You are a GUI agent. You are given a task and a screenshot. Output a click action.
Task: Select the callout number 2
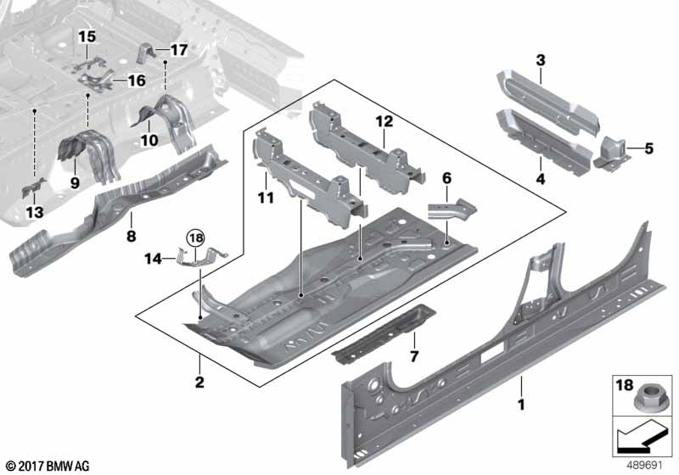click(x=199, y=383)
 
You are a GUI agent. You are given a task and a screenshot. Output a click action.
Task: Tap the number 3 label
click(x=540, y=59)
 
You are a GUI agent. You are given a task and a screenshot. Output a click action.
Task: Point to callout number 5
click(x=649, y=149)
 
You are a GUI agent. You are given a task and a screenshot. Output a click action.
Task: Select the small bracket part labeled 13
click(x=33, y=187)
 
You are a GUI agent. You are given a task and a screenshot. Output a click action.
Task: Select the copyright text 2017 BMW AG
click(x=48, y=466)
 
